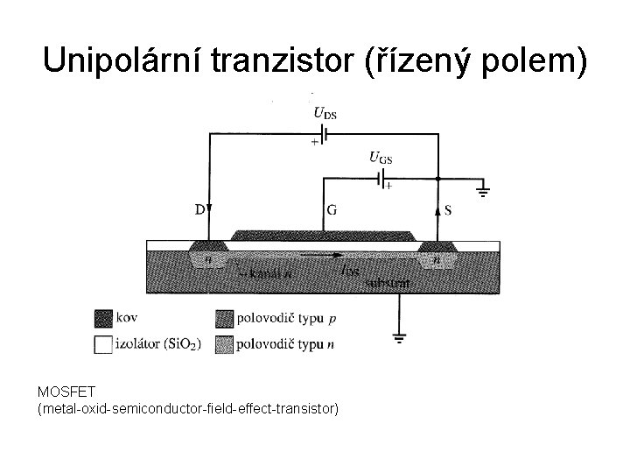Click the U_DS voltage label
(325, 112)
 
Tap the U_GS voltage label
(380, 158)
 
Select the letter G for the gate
(332, 210)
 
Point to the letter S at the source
(448, 210)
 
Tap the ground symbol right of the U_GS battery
(482, 187)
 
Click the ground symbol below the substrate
(399, 337)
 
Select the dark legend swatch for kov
(103, 316)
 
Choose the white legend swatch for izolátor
(103, 344)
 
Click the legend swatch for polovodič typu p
(225, 316)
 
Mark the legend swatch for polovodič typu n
(225, 344)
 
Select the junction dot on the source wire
(437, 179)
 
